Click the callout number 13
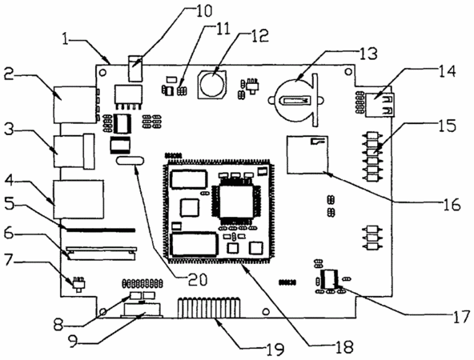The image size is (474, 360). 368,54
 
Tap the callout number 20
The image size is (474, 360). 197,279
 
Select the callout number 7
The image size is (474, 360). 10,261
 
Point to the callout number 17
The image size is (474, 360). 461,318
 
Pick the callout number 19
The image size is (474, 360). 275,349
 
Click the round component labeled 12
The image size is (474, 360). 211,84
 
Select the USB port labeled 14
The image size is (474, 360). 380,105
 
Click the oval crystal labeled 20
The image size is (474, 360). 130,160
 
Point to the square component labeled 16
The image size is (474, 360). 307,154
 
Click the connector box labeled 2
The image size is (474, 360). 74,105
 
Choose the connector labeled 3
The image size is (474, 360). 74,150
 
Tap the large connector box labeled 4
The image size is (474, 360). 78,199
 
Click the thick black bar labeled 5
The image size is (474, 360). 101,230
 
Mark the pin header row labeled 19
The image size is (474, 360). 209,308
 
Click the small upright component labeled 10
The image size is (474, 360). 135,68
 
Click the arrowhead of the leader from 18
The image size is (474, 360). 244,265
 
